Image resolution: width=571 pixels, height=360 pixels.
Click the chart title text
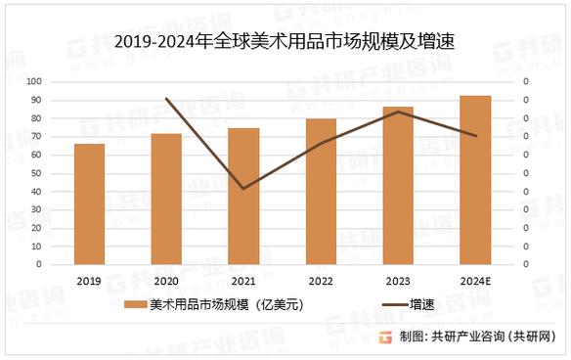285,42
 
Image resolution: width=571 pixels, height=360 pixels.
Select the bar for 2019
89,203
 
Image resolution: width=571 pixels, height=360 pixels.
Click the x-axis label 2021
243,280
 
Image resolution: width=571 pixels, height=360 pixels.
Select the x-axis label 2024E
475,280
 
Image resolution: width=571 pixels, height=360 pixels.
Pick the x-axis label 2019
89,280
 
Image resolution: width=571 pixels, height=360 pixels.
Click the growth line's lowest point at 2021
243,188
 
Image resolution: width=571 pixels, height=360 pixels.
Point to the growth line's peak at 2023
398,112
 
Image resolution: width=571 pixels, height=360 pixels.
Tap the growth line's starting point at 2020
166,99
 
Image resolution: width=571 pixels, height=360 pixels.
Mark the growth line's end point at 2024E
475,136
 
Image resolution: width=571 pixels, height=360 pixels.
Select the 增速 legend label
422,305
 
